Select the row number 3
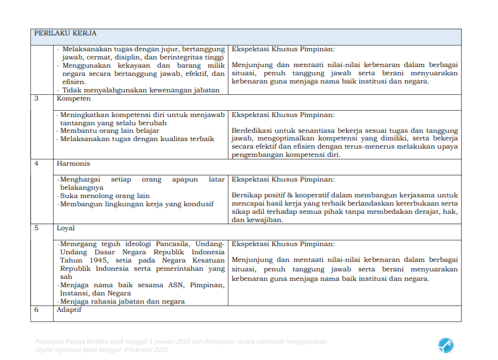pyautogui.click(x=37, y=99)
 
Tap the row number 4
pyautogui.click(x=37, y=163)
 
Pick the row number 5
pyautogui.click(x=37, y=228)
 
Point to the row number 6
pyautogui.click(x=37, y=309)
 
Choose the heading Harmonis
pyautogui.click(x=73, y=163)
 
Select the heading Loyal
pyautogui.click(x=65, y=228)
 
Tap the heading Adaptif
pyautogui.click(x=70, y=309)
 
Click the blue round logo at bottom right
pyautogui.click(x=445, y=345)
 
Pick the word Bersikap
pyautogui.click(x=247, y=195)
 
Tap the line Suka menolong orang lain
pyautogui.click(x=104, y=196)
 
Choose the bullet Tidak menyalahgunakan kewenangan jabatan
pyautogui.click(x=140, y=90)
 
